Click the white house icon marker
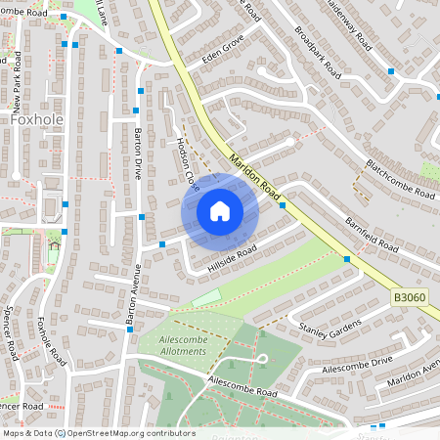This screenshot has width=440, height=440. (x=220, y=211)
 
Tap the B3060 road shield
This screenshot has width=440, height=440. (x=412, y=296)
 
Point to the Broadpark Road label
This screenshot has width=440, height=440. (x=318, y=54)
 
